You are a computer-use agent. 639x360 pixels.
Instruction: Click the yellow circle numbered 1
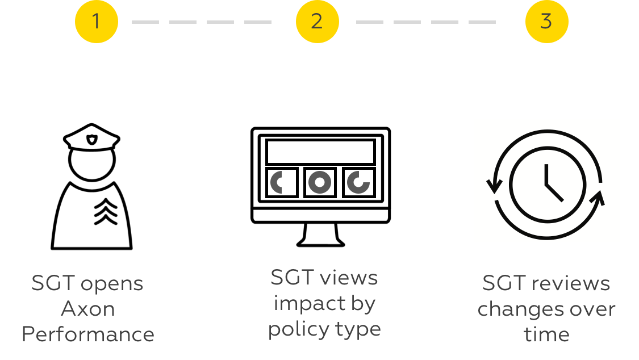click(x=96, y=22)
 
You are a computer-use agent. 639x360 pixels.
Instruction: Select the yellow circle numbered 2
click(x=317, y=22)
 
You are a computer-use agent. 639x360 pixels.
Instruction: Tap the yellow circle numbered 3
click(x=546, y=22)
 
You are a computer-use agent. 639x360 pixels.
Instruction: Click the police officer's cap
click(x=91, y=138)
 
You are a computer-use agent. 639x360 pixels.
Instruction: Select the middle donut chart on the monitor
click(x=320, y=182)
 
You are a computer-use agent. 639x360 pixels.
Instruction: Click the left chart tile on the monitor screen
click(x=282, y=182)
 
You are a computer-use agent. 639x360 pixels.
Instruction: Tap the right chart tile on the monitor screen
click(x=358, y=182)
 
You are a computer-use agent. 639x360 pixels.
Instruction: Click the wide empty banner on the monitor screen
click(x=320, y=152)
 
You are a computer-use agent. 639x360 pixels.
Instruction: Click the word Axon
click(x=88, y=309)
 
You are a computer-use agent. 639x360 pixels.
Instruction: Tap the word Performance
click(x=88, y=334)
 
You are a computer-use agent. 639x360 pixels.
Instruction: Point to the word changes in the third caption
click(x=520, y=309)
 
